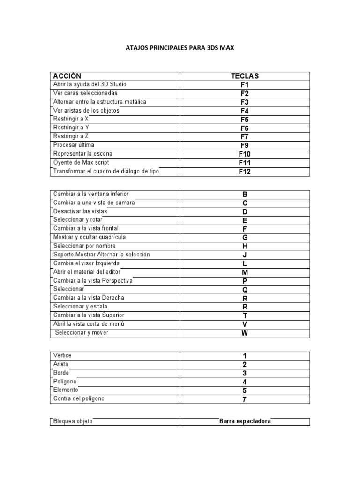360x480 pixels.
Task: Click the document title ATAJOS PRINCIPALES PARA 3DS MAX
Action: tap(180, 47)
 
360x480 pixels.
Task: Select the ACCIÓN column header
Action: tap(67, 76)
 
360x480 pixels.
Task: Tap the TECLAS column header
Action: tap(245, 76)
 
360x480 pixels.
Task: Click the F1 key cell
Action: tap(245, 85)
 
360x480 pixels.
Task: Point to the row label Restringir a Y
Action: tap(71, 127)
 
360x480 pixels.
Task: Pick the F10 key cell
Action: tap(245, 154)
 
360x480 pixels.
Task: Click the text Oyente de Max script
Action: tap(81, 162)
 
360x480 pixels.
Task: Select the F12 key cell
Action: tap(245, 172)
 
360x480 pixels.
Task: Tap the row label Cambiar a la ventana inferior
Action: tap(91, 194)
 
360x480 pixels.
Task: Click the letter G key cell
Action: tap(245, 238)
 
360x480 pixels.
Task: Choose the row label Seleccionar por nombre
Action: tap(84, 246)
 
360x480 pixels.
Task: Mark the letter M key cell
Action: tap(245, 272)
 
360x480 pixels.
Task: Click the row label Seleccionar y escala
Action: tap(83, 306)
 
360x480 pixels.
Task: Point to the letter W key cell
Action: tap(245, 333)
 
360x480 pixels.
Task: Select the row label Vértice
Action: tap(63, 356)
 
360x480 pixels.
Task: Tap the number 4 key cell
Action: tap(245, 382)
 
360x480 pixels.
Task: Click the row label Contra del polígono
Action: tap(79, 399)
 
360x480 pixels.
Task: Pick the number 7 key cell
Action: tap(245, 399)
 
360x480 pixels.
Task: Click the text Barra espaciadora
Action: tap(245, 421)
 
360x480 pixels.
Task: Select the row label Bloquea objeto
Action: tap(73, 421)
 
